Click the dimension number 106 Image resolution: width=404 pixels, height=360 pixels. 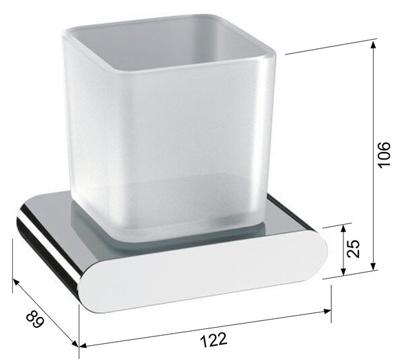coord(384,154)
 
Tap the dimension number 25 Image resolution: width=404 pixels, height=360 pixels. coord(353,248)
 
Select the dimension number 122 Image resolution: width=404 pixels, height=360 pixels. coord(213,340)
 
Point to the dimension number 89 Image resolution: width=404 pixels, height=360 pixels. coord(35,320)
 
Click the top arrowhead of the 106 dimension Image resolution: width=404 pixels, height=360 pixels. coord(373,44)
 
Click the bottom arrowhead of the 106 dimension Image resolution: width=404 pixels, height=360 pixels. coord(373,266)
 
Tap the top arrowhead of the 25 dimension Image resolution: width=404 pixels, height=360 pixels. coord(343,229)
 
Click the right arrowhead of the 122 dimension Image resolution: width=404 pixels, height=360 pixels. coord(327,312)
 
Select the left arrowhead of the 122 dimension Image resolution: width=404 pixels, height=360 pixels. coord(82,346)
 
